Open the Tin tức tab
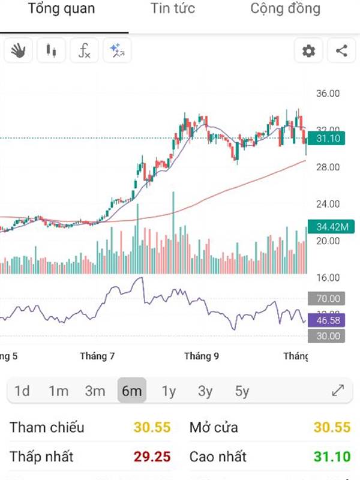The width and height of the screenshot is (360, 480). [173, 9]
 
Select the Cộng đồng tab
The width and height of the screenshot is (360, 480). [285, 9]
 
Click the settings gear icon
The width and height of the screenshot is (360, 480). [308, 51]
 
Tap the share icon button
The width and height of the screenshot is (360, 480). [341, 51]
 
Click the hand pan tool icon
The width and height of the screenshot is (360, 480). [19, 51]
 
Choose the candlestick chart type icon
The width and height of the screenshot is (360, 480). [51, 51]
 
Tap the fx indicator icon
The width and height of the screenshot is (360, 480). [84, 51]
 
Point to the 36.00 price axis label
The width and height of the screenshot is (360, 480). [328, 94]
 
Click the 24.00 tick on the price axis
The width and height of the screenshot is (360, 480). [328, 204]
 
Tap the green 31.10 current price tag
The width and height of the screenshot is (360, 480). [328, 139]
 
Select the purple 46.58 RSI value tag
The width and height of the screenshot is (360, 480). [328, 321]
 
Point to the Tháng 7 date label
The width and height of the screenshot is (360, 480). [97, 356]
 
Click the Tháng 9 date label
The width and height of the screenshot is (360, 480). [202, 356]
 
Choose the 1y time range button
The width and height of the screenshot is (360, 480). [169, 391]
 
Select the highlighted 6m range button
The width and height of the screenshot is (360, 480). [131, 391]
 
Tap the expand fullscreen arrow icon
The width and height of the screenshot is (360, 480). [338, 391]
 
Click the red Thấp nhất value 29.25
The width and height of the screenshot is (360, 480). [152, 457]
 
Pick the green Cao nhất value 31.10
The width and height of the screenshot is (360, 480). [332, 457]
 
